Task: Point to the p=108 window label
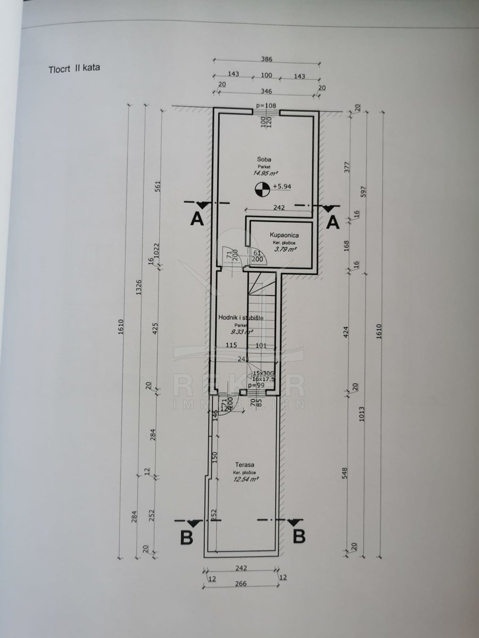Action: coord(266,106)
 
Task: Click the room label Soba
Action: coord(263,159)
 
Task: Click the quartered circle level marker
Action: coord(261,187)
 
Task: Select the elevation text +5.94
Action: coord(282,187)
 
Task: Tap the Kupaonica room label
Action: coord(284,234)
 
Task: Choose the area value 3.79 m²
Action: coord(284,248)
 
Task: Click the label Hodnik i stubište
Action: coord(241,317)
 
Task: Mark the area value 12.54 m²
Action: coord(245,478)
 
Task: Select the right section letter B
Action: coord(300,536)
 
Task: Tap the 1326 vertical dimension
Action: coord(139,287)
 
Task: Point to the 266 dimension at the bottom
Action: coord(241,583)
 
